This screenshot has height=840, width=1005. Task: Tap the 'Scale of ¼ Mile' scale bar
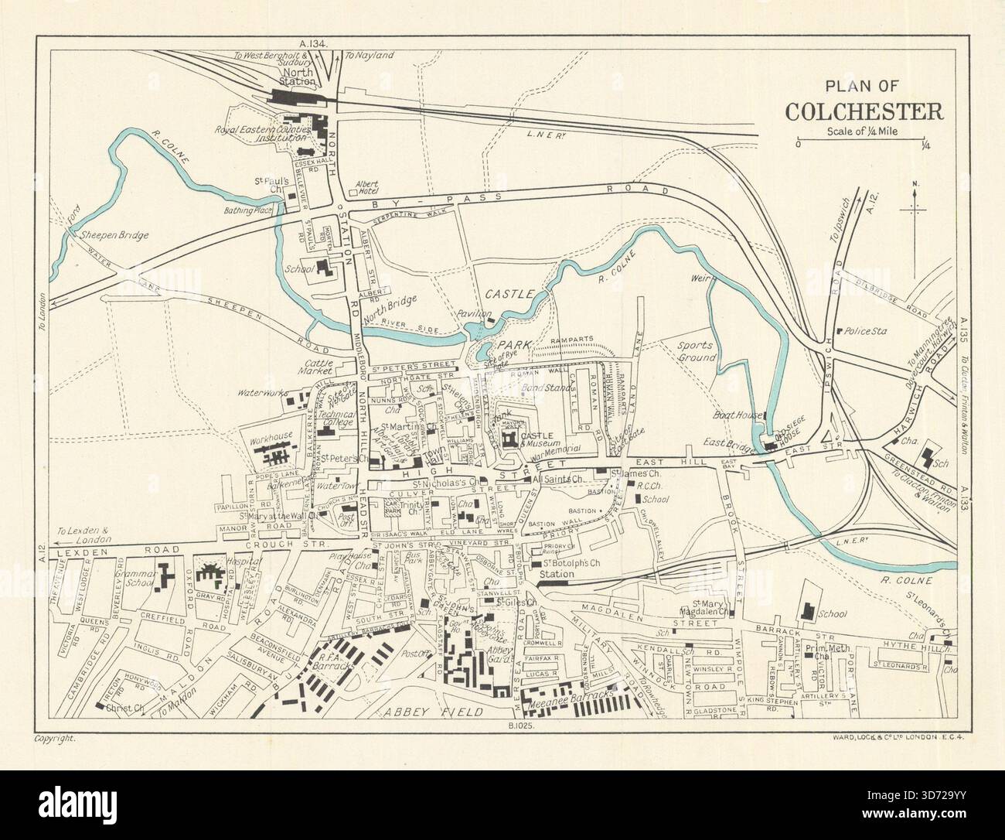(x=863, y=143)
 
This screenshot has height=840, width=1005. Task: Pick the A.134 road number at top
(x=316, y=45)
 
